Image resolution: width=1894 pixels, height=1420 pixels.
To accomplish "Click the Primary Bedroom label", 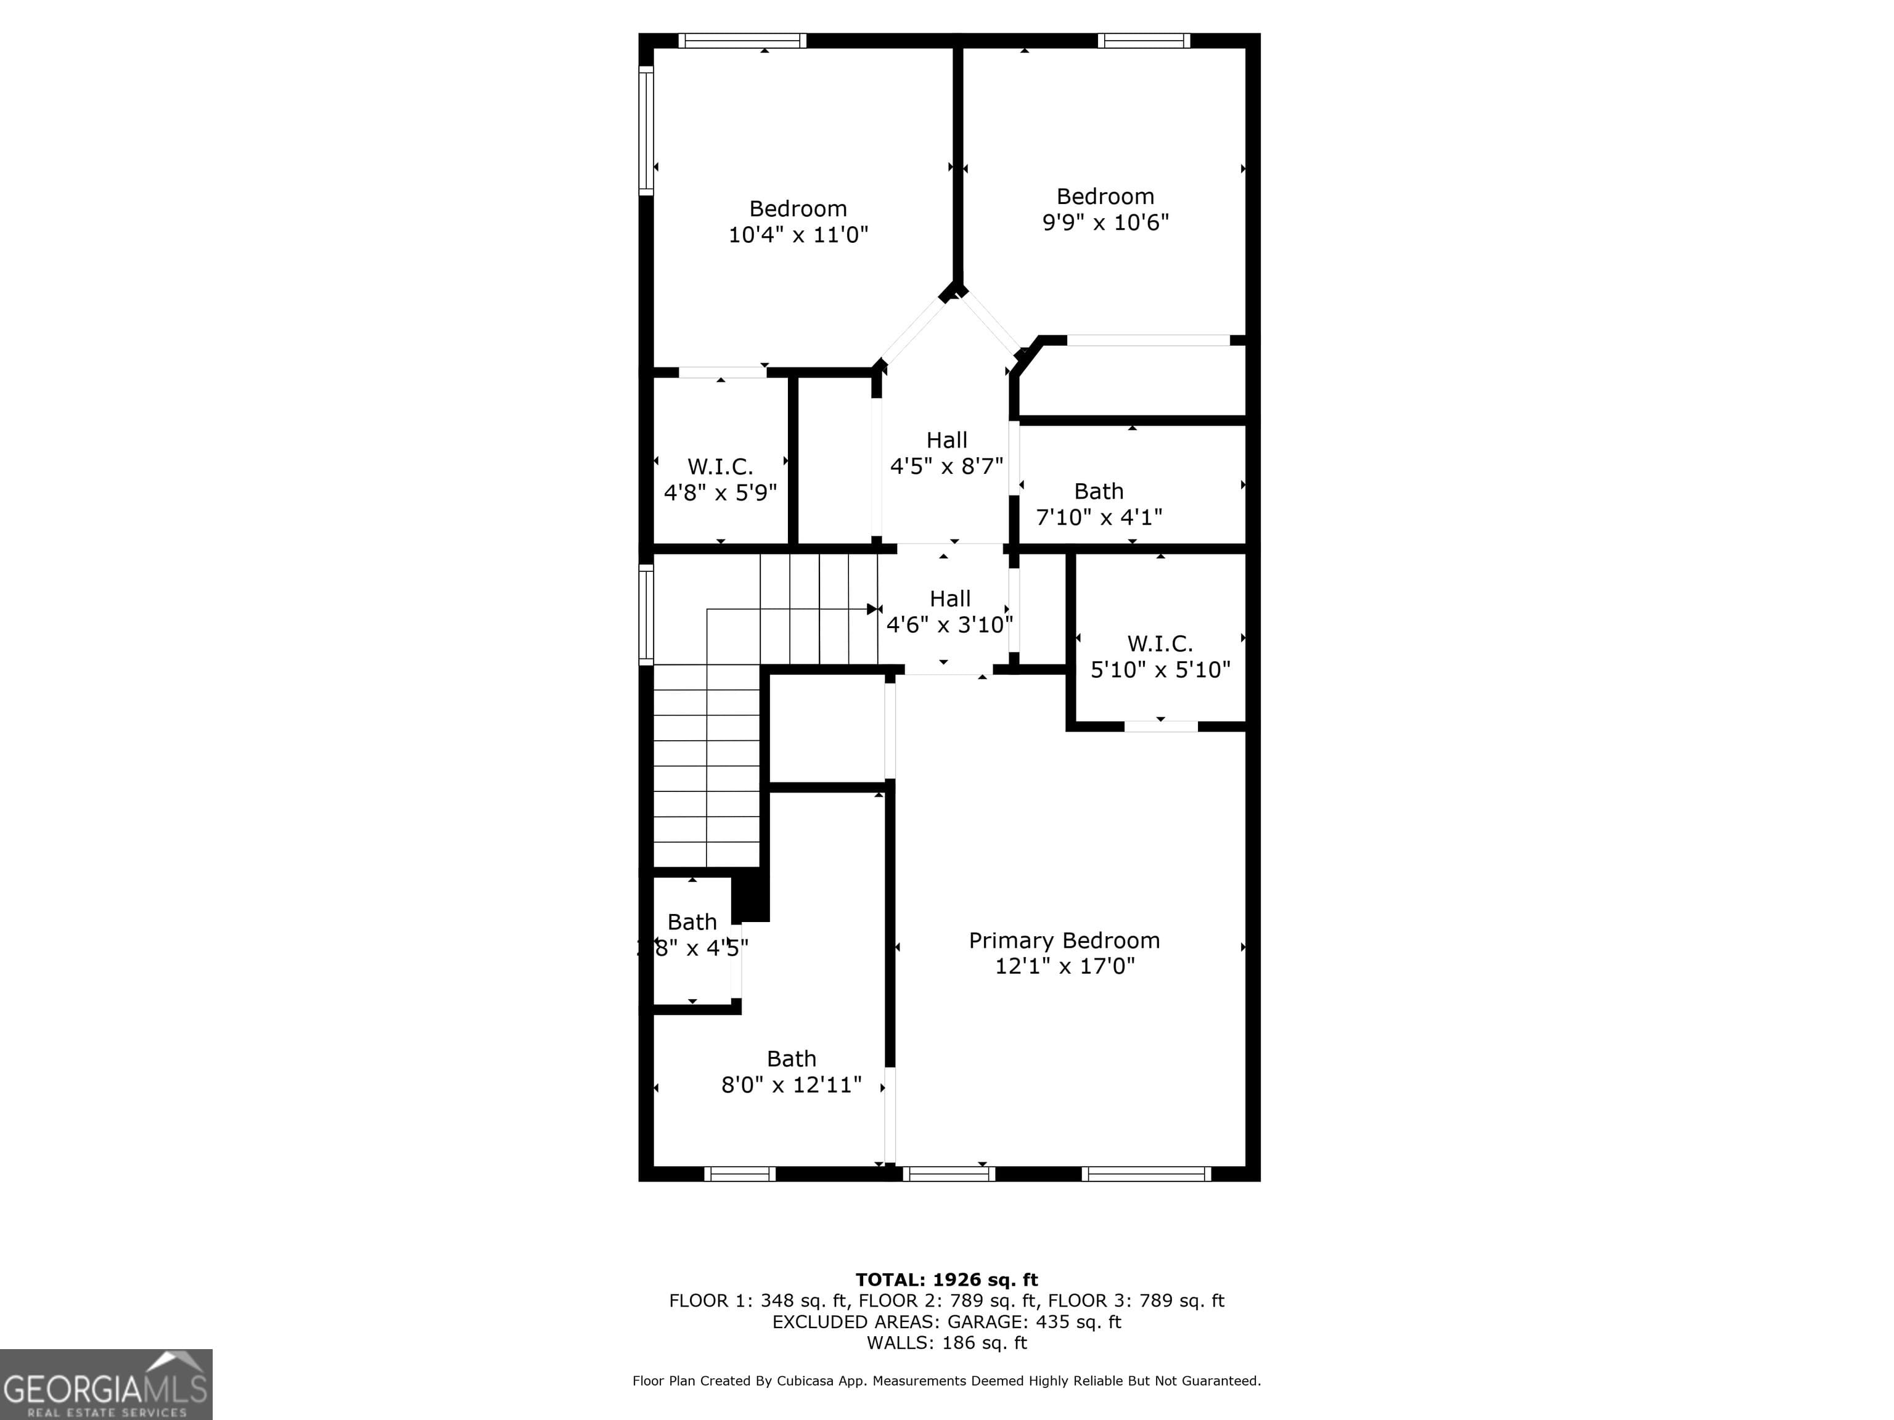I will point(1064,940).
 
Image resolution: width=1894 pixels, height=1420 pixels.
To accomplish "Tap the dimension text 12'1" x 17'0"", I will point(1064,966).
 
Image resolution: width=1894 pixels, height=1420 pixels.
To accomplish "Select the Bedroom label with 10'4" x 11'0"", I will point(797,209).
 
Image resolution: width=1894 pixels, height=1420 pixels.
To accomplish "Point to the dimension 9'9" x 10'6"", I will point(1105,222).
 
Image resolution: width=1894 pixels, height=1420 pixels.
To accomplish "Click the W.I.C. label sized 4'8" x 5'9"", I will point(719,467).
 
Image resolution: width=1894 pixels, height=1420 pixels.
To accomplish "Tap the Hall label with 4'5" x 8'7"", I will point(946,440).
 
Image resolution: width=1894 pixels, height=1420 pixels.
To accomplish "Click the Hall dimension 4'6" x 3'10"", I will point(949,625).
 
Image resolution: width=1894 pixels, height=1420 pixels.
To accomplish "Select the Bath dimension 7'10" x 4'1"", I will point(1099,517).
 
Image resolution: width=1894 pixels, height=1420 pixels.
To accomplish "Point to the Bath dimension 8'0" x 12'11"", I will point(790,1085).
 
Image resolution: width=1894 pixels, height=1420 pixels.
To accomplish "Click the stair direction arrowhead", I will point(872,610).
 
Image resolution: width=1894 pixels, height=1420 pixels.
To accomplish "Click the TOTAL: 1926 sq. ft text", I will point(946,1279).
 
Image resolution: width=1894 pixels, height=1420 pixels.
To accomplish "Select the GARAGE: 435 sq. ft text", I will point(1033,1321).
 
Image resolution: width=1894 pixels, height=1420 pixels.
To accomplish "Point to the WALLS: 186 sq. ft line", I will point(946,1343).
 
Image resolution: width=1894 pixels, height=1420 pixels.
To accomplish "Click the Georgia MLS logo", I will point(105,1385).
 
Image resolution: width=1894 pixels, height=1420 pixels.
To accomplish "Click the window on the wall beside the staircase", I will point(646,614).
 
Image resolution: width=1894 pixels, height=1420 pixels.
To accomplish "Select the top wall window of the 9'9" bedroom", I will point(1143,40).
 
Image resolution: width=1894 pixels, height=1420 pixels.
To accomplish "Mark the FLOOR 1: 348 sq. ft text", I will point(757,1301).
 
